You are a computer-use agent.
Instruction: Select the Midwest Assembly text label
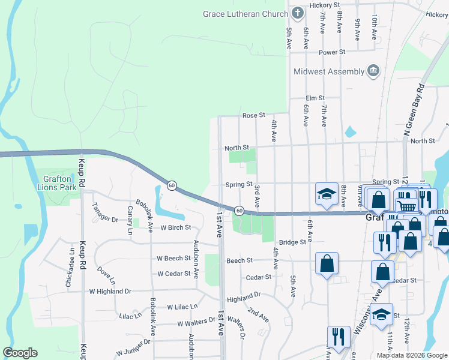point(329,72)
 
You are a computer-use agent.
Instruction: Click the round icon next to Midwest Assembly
point(373,71)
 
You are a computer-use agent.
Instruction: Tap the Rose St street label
point(253,115)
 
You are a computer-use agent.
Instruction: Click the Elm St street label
point(315,98)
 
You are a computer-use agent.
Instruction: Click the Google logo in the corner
point(20,353)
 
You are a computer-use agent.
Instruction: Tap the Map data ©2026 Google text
point(412,355)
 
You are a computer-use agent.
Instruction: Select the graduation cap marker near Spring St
point(327,194)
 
